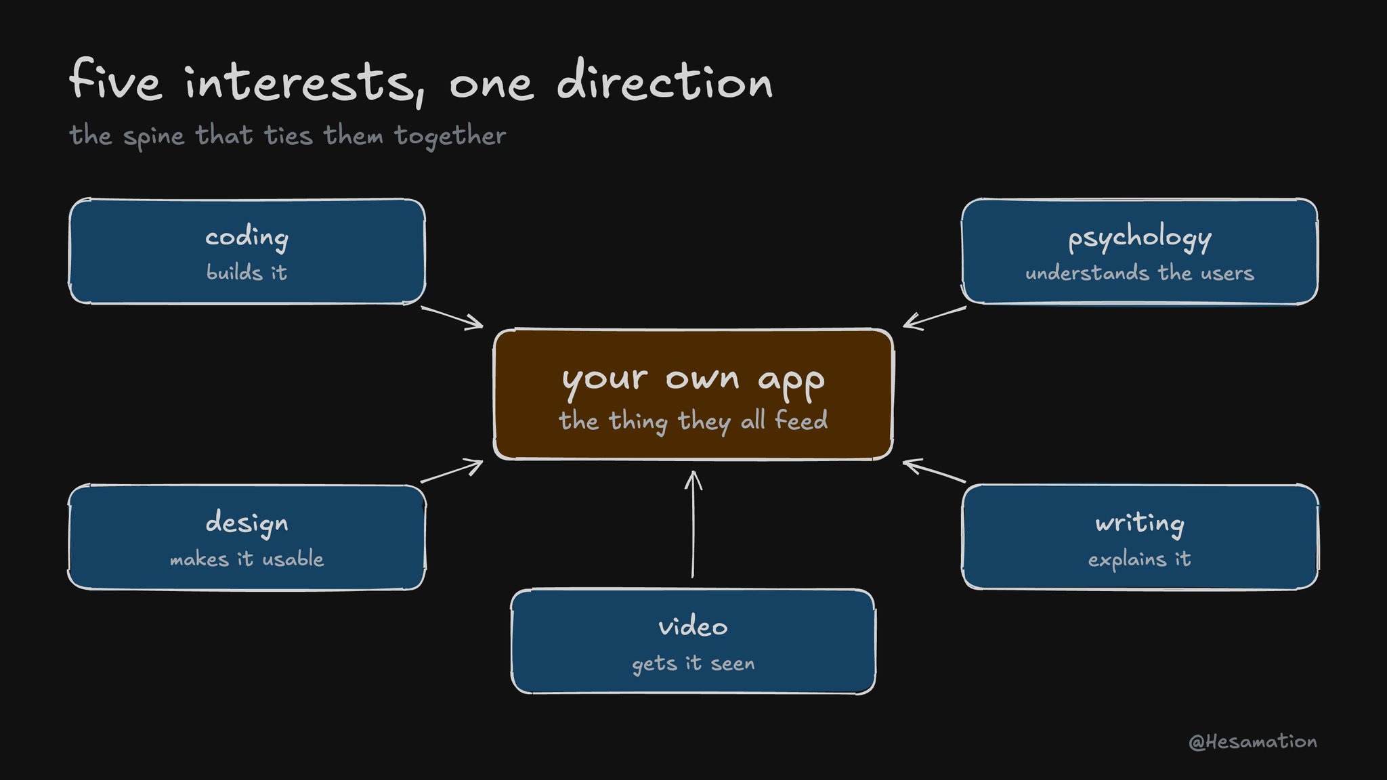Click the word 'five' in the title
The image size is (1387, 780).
116,79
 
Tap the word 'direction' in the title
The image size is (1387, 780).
664,80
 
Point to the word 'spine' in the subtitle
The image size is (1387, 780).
154,137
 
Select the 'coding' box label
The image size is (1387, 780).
247,238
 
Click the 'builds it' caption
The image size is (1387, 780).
247,272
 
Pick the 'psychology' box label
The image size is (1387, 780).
1140,238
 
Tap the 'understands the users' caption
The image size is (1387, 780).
1140,273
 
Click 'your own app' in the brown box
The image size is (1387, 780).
693,380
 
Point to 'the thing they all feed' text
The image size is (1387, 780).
693,420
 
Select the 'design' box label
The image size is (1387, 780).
247,523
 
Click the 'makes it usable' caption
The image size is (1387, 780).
247,559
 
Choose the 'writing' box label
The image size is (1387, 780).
1140,523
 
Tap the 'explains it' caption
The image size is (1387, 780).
1140,559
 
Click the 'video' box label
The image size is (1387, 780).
693,626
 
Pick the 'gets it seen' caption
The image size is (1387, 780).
693,664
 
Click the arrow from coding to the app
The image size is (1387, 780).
452,318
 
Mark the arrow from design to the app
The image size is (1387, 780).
452,471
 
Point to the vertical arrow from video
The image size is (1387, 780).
693,525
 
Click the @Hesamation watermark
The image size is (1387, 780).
1253,742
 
